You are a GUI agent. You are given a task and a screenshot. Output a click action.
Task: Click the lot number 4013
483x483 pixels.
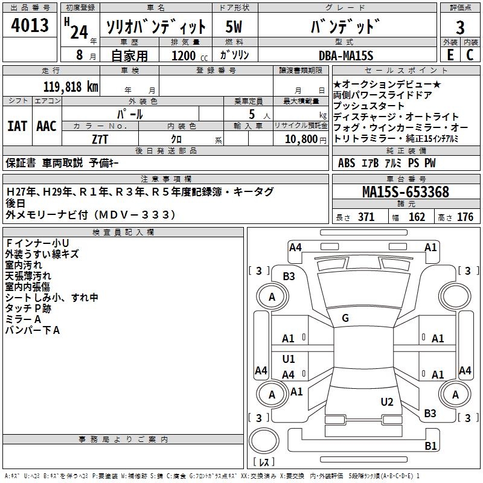[30, 25]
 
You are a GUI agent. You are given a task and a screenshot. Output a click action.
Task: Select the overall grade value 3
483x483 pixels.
[460, 28]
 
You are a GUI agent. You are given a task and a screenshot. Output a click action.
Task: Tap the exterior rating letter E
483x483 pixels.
[450, 54]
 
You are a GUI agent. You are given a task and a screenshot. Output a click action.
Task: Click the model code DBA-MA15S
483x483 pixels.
[346, 56]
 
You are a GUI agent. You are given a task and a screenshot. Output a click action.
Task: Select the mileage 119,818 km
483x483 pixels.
[70, 86]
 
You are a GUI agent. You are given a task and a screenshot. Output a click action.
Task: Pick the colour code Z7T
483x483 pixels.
[100, 139]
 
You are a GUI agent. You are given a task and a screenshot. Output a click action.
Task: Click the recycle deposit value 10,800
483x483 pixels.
[300, 139]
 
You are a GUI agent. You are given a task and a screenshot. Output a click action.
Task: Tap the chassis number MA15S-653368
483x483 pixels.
[405, 192]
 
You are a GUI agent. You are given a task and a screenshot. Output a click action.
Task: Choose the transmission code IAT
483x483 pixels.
[18, 126]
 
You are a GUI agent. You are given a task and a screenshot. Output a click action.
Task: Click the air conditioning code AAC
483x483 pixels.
[46, 126]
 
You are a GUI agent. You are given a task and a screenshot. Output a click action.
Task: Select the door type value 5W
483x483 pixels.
[234, 27]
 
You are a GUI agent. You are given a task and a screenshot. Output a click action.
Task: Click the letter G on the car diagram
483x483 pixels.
[345, 318]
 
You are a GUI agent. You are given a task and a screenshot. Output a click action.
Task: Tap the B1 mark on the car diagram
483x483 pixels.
[430, 446]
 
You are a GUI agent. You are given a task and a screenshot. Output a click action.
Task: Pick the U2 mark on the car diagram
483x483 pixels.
[387, 401]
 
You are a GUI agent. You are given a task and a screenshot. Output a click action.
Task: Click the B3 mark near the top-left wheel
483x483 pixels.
[289, 277]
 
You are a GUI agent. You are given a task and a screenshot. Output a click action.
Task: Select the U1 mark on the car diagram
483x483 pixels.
[289, 359]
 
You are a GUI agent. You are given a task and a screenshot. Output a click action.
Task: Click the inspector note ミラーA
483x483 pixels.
[23, 319]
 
